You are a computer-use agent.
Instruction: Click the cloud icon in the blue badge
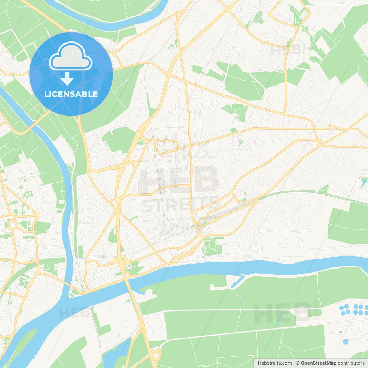tap(71, 56)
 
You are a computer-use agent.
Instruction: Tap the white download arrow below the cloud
tap(67, 79)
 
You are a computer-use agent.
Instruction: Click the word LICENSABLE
tap(71, 94)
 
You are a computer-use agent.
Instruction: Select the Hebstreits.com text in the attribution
tap(275, 363)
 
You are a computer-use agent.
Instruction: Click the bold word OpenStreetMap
tap(318, 363)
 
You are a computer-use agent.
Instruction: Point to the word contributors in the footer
tap(351, 363)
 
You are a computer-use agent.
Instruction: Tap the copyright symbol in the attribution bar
tap(298, 363)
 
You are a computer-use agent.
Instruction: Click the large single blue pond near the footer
tap(346, 342)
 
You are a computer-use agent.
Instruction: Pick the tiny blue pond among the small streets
tap(340, 332)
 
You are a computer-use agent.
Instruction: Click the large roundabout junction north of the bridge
tap(121, 261)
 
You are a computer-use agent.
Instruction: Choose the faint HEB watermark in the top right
tap(286, 49)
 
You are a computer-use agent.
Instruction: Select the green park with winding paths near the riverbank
tap(212, 246)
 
